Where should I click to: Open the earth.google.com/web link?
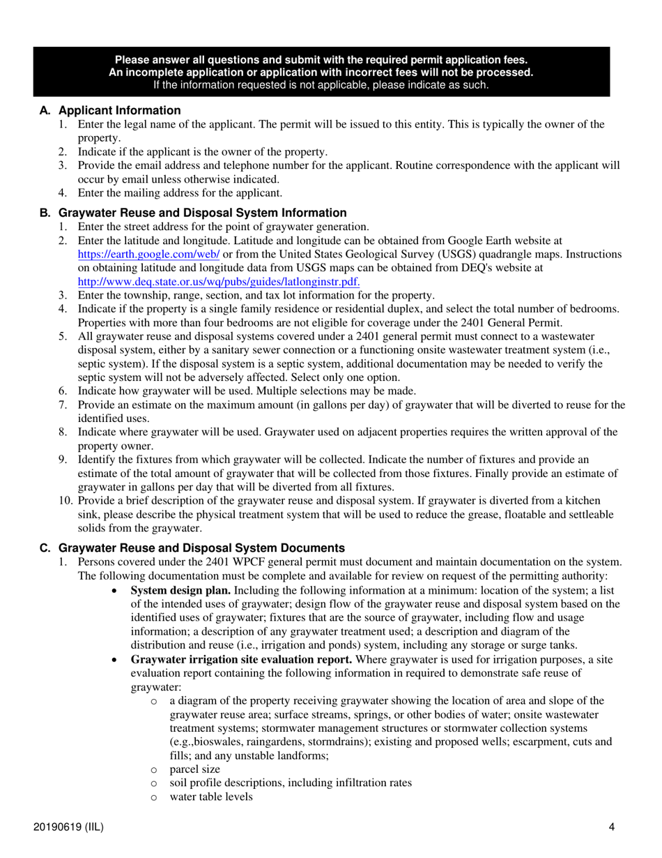149,255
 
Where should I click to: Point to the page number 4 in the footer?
611,828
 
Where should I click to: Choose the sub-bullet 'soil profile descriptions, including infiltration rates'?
290,783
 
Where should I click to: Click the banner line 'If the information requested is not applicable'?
321,85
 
